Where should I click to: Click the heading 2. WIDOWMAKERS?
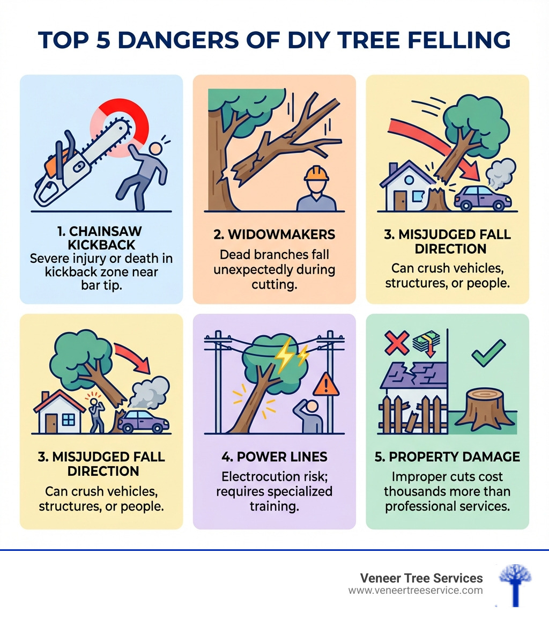coord(274,234)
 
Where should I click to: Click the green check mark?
coord(488,352)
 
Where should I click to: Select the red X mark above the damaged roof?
coord(397,342)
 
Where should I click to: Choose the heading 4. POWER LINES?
coord(274,458)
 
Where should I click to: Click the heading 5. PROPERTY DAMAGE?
coord(447,456)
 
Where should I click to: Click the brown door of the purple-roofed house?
coord(400,201)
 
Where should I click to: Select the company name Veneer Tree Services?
coord(421,578)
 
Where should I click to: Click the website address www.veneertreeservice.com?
coord(416,590)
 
